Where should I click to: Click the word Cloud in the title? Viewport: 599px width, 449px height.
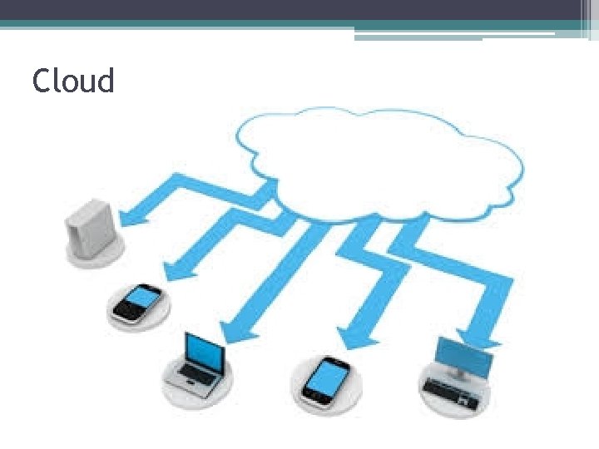73,81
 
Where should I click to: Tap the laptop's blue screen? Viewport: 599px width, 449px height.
205,353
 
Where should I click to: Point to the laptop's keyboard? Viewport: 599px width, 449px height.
193,382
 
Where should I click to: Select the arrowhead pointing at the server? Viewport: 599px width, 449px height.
131,219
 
